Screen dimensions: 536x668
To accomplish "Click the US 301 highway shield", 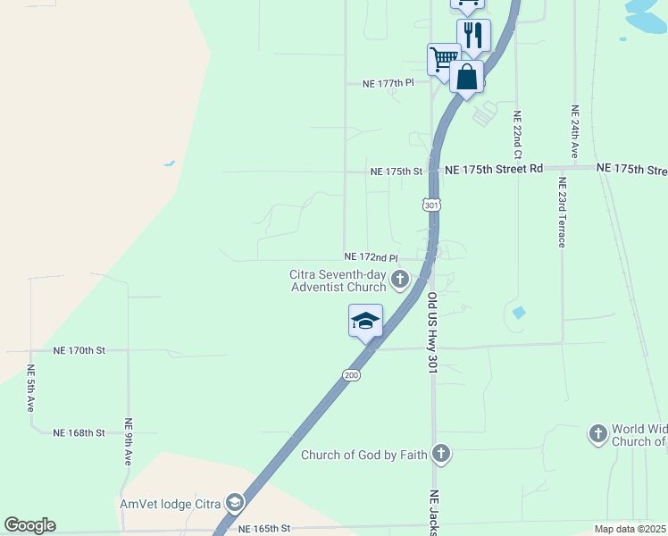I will [x=432, y=205].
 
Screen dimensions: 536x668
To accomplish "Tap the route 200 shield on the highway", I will [x=352, y=375].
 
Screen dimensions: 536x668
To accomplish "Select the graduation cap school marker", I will [x=365, y=321].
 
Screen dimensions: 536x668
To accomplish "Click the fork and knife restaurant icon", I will [x=473, y=35].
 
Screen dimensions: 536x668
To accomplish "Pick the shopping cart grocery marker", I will [x=443, y=59].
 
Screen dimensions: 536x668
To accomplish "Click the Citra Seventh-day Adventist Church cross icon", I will [x=399, y=281].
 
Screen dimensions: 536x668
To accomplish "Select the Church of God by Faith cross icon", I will [x=440, y=454].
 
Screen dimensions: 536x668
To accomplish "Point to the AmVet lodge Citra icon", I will [x=235, y=502].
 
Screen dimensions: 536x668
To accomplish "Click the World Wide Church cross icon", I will [x=597, y=434].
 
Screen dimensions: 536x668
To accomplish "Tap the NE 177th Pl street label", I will [x=388, y=83].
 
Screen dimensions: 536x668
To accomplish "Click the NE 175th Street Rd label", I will [x=493, y=169].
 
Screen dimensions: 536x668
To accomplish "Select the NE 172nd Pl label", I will [x=371, y=256].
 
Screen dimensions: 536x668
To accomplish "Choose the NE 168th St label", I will [x=79, y=432].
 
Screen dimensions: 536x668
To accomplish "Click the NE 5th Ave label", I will [x=30, y=388].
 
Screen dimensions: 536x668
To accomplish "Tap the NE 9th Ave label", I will [x=129, y=442].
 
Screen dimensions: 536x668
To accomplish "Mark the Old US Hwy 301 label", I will [x=432, y=331].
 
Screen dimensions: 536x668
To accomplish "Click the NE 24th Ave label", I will [x=575, y=132].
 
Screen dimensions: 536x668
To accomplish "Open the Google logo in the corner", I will [x=30, y=525].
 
